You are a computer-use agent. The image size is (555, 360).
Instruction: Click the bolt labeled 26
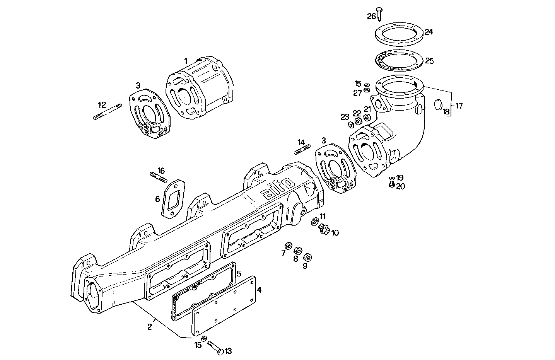click(x=379, y=14)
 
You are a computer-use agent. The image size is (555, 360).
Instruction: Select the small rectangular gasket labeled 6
click(x=173, y=199)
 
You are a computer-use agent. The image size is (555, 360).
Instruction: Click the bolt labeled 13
click(x=216, y=347)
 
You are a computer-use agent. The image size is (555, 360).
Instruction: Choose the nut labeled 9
click(x=307, y=257)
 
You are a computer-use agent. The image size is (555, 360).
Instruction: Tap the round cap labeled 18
click(x=438, y=105)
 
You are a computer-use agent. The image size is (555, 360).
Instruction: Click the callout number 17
click(x=459, y=106)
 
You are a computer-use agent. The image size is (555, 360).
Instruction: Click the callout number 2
click(x=150, y=327)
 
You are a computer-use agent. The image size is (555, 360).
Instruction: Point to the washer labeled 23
click(x=350, y=124)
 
